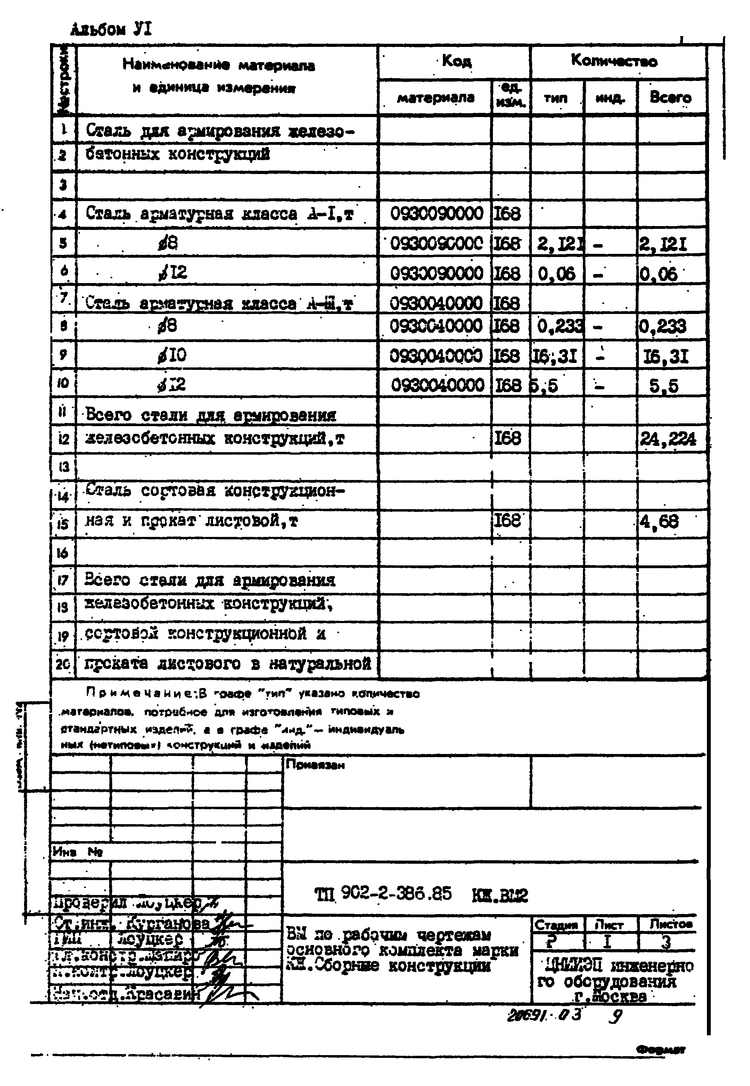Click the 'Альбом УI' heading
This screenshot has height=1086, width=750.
111,30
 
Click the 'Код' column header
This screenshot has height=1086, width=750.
456,61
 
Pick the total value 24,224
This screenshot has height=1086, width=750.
668,439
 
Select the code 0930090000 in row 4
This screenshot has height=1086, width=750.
436,214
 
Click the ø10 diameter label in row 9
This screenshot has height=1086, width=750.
172,355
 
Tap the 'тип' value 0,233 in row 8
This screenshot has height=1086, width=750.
559,326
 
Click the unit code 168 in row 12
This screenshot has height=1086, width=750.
508,439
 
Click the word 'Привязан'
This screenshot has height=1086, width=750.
315,765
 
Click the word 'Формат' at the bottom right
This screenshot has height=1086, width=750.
661,1050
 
